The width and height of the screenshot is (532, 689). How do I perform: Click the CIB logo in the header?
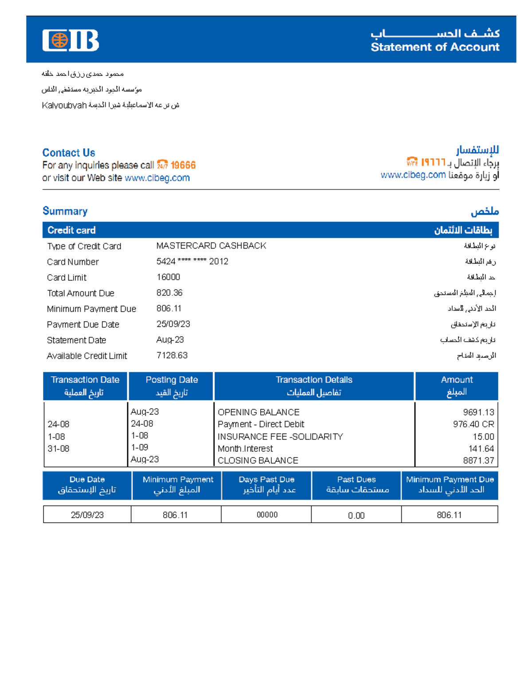click(70, 40)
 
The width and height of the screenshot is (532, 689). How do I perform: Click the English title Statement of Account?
click(435, 47)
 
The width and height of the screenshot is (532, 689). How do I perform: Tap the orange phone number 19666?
click(183, 165)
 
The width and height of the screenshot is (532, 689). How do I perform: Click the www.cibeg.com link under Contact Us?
click(157, 178)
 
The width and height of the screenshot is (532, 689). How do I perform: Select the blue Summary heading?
click(65, 211)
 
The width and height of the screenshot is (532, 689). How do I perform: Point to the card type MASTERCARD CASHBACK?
click(211, 246)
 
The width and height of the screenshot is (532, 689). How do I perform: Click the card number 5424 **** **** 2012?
click(192, 261)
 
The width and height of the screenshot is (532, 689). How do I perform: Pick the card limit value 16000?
click(168, 277)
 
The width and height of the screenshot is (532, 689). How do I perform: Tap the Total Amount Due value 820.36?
click(169, 293)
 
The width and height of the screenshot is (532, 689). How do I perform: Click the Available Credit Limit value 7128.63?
click(172, 355)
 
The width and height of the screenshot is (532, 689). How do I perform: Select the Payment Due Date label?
click(83, 325)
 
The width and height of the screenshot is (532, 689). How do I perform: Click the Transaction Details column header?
click(314, 380)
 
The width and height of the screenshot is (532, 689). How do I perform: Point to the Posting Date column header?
click(172, 380)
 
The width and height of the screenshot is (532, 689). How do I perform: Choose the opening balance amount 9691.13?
click(478, 412)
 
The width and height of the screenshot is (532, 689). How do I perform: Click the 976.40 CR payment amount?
click(473, 424)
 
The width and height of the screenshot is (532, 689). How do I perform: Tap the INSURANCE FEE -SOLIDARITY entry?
click(280, 437)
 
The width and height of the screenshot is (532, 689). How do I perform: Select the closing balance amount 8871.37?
click(478, 461)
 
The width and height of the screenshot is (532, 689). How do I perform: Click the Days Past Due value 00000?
click(267, 515)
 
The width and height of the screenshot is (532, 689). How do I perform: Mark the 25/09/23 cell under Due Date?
click(87, 515)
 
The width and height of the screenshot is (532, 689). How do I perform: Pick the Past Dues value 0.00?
click(356, 516)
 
